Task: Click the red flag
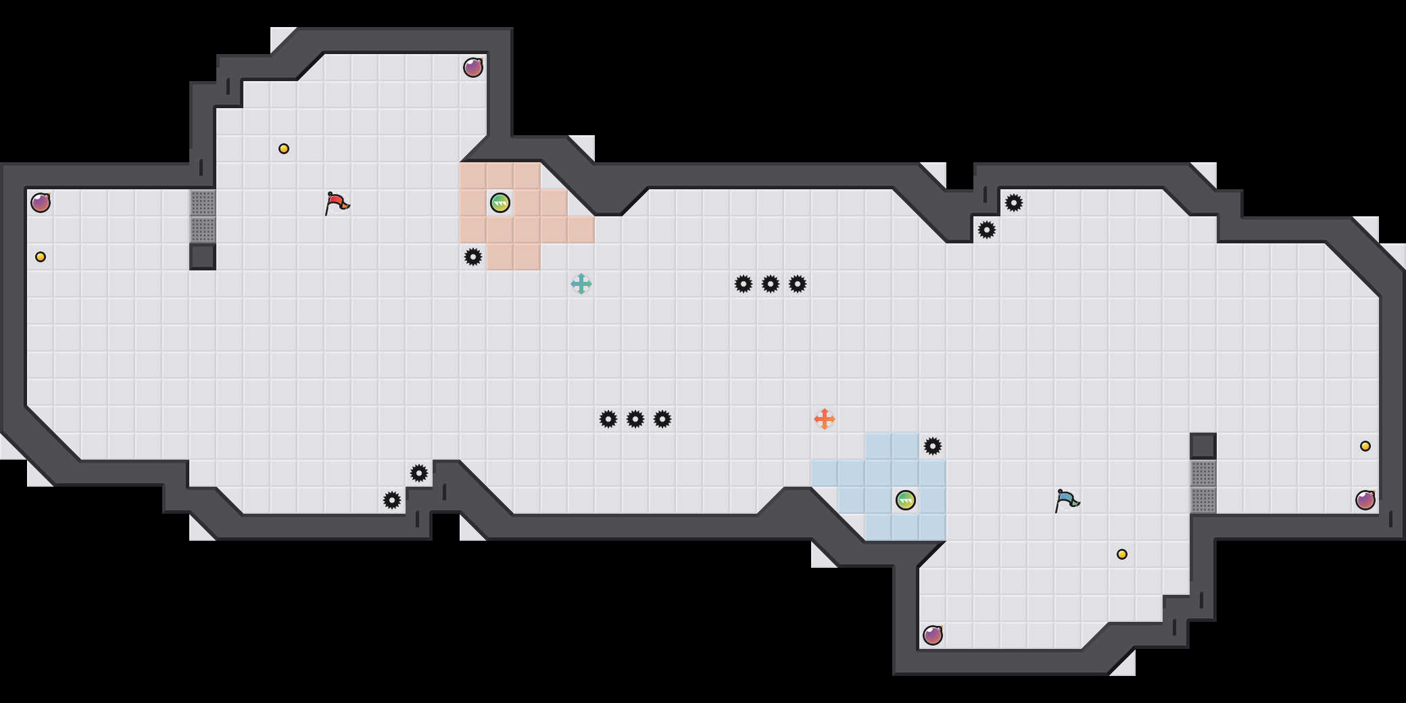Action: click(x=337, y=203)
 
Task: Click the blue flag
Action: click(x=1067, y=500)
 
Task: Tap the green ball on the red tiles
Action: click(x=500, y=203)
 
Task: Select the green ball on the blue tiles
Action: click(x=906, y=500)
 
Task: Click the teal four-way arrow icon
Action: click(x=581, y=284)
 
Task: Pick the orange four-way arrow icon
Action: click(x=825, y=419)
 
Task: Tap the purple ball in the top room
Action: click(x=473, y=68)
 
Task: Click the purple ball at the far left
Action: click(x=41, y=203)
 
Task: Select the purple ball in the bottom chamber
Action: click(x=933, y=635)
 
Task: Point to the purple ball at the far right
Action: click(x=1365, y=500)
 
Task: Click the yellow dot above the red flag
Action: click(x=284, y=149)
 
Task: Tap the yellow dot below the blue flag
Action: click(x=1122, y=554)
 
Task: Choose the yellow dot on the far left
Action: click(x=41, y=257)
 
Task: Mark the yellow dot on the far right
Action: click(x=1365, y=446)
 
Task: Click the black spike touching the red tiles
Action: click(x=473, y=257)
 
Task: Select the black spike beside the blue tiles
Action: click(x=933, y=446)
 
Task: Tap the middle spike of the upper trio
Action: click(x=771, y=284)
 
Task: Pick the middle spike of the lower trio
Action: click(x=635, y=419)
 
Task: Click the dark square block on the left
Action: click(x=203, y=257)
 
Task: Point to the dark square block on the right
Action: click(x=1203, y=446)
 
